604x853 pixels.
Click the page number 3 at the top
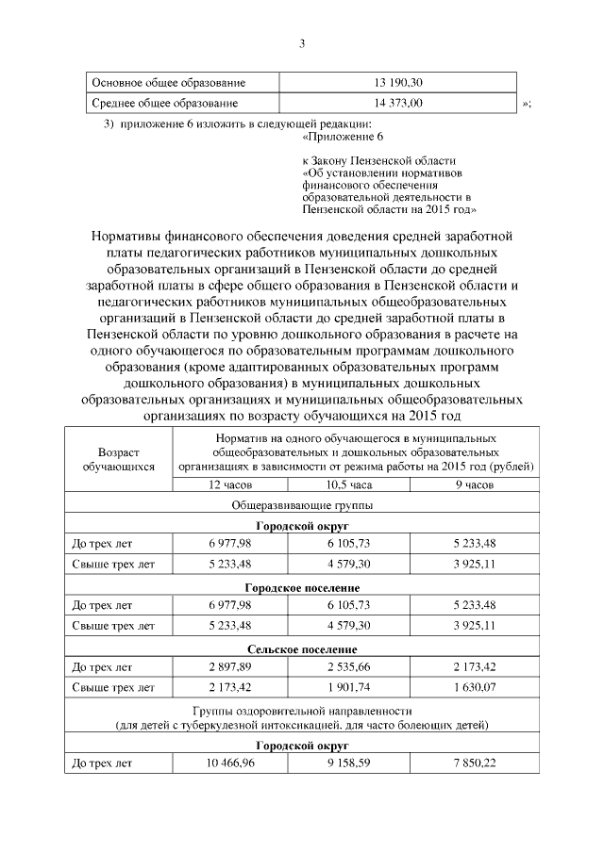point(301,42)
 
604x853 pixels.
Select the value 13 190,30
point(398,82)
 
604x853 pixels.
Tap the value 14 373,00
point(398,103)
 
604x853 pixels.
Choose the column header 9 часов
point(467,484)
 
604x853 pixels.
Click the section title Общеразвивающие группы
point(302,505)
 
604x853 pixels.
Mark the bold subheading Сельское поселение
point(302,649)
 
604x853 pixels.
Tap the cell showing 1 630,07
point(467,689)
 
